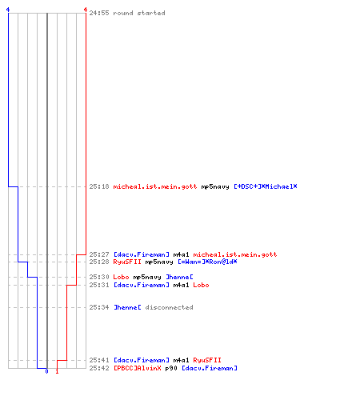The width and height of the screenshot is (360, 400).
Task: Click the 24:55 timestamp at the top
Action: tap(99, 13)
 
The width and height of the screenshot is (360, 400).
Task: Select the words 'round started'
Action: tap(139, 13)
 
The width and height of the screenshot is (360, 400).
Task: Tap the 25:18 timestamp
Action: tap(99, 186)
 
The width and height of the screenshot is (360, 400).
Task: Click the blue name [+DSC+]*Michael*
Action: tap(266, 186)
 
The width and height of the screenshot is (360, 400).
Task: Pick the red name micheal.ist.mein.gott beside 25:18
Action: tap(155, 186)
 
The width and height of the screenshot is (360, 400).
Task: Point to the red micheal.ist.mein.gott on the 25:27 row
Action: tap(235, 254)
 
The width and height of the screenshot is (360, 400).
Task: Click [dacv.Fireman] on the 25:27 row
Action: tap(142, 254)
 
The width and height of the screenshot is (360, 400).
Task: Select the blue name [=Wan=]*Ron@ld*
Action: tap(207, 262)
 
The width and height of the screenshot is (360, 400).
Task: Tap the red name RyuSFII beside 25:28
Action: tap(127, 262)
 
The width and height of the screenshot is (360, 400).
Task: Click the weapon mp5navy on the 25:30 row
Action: tap(147, 277)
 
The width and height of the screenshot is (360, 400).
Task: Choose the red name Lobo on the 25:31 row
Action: tap(201, 285)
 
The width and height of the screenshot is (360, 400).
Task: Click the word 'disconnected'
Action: tap(169, 307)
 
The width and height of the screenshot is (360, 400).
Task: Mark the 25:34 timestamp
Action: tap(99, 307)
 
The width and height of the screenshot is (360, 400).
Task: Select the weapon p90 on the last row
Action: tap(171, 368)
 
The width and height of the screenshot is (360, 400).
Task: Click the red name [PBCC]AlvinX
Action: tap(138, 368)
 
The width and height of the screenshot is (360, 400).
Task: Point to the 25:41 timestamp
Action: tap(99, 360)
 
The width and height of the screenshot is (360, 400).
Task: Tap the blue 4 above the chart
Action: tap(8, 10)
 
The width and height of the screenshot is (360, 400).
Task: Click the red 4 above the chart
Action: tap(86, 10)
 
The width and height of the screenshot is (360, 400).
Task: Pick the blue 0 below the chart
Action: tap(46, 371)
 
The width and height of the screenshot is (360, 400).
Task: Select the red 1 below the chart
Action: tap(57, 371)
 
